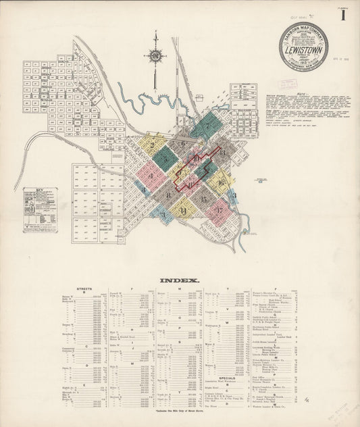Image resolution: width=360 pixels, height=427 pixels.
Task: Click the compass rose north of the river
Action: (x=155, y=55)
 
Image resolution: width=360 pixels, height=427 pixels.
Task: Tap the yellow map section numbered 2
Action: (x=153, y=144)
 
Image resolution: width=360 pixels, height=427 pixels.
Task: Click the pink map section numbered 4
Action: (x=144, y=177)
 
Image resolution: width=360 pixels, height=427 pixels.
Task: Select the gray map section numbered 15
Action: (x=203, y=199)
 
